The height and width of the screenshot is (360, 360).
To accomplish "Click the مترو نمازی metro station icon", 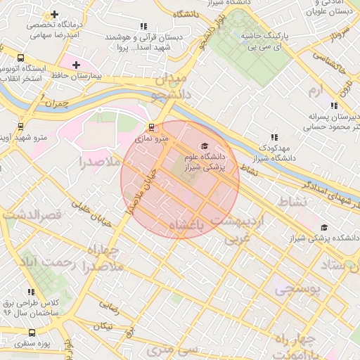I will click(150, 127).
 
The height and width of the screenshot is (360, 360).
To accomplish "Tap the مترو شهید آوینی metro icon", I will click(20, 127).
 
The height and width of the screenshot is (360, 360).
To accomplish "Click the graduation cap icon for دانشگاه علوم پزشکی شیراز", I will click(205, 146).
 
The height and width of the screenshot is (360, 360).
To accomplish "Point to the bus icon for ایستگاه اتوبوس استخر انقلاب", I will click(20, 58).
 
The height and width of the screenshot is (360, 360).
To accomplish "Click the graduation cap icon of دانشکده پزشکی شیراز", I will click(324, 227).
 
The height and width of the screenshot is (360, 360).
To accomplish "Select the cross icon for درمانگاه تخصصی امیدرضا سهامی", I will click(54, 14).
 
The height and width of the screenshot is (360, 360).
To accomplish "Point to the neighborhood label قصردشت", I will click(34, 213).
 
